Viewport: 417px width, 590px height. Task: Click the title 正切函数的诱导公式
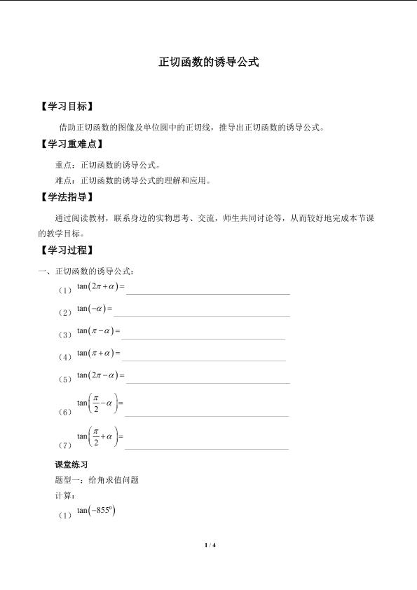click(x=209, y=62)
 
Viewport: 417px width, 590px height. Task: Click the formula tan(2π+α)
click(x=100, y=286)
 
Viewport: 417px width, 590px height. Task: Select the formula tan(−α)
click(x=95, y=308)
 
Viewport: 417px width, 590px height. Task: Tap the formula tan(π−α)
click(x=98, y=330)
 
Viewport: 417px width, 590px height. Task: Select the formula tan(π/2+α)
click(x=100, y=437)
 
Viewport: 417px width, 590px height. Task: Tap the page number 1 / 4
click(x=209, y=545)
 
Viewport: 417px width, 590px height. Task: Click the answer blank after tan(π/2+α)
click(x=206, y=447)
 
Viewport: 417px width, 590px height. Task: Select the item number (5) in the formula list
click(x=66, y=380)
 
